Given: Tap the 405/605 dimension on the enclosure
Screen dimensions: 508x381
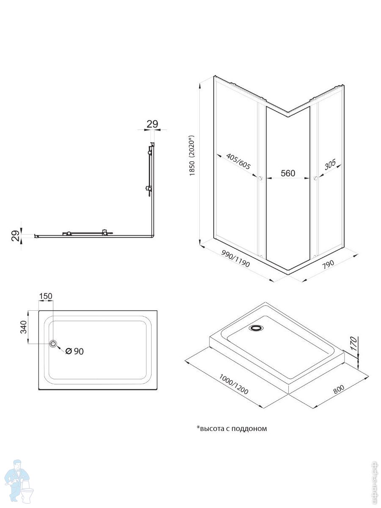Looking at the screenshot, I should [x=238, y=162].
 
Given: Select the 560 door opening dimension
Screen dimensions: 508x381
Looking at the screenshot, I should [x=288, y=173].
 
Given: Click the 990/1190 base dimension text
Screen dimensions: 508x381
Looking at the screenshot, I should [x=235, y=258].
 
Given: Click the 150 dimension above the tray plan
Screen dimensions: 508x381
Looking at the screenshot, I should [x=46, y=296].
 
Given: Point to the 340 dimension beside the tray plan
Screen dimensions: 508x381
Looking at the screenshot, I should [x=24, y=327].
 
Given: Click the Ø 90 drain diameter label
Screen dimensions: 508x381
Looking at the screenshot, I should [x=75, y=351].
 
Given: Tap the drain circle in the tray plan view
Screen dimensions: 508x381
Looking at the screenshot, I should [x=53, y=344].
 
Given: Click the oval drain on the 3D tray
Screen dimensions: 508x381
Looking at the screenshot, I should [x=257, y=328].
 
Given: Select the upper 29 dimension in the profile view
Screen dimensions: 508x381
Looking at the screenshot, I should [x=152, y=124].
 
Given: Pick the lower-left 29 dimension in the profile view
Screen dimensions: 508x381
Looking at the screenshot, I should [x=14, y=236].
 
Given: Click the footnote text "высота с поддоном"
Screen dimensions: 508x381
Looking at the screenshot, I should [x=232, y=428].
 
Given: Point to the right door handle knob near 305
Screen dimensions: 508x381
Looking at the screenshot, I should [x=315, y=179].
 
